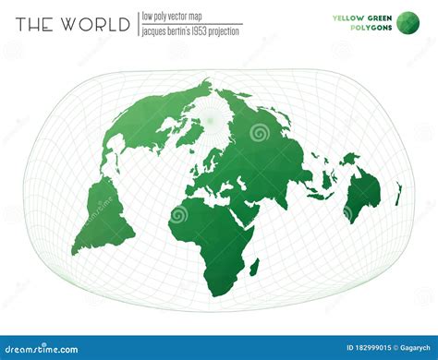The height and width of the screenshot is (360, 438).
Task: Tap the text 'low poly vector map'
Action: (x=176, y=16)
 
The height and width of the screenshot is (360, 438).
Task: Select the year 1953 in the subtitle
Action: (x=204, y=31)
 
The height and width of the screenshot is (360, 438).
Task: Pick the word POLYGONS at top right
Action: (x=370, y=28)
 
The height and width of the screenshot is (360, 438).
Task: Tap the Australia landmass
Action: (x=362, y=193)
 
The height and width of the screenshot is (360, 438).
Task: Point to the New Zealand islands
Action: (x=399, y=193)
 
